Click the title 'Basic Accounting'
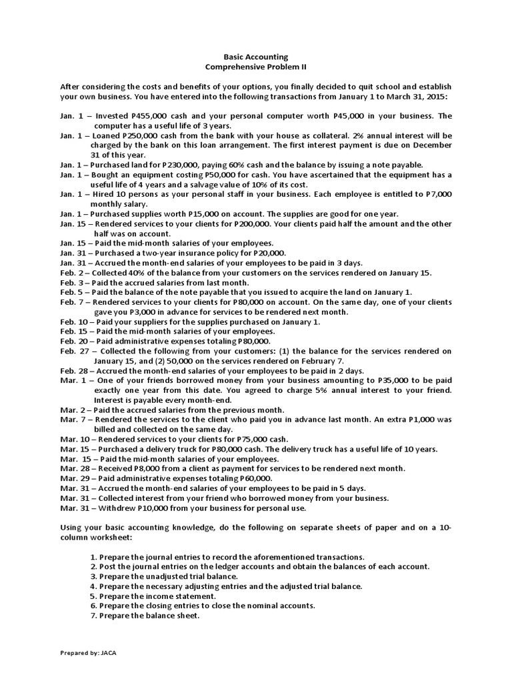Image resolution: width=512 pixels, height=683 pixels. pos(256,58)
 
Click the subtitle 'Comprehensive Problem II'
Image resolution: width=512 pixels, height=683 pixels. pos(256,68)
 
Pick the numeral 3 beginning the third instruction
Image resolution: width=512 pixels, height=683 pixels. pos(91,576)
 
